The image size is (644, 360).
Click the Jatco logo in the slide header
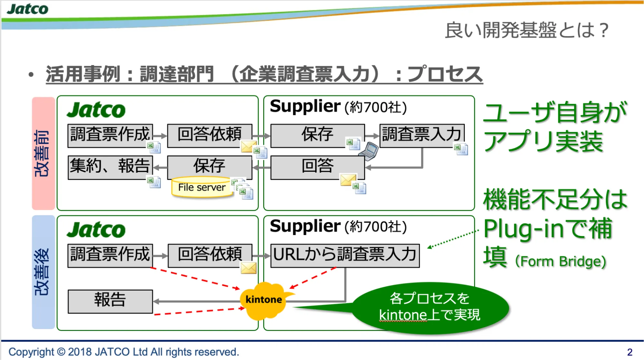27,9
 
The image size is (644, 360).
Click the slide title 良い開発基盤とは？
526,30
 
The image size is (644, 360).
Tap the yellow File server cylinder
202,187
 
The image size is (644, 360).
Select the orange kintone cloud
264,300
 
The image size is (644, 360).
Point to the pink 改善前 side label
43,153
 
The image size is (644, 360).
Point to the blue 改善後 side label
43,272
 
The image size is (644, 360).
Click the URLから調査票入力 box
345,255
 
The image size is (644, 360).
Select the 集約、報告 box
110,167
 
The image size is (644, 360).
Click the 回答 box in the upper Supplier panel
317,167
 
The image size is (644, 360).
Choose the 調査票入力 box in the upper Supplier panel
422,135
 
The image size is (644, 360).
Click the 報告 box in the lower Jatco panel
110,301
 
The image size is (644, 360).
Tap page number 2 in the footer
630,352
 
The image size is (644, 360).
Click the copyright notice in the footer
124,352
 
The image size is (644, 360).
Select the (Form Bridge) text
561,261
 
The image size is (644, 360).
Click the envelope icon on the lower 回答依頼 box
248,268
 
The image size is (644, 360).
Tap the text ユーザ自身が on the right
555,112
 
